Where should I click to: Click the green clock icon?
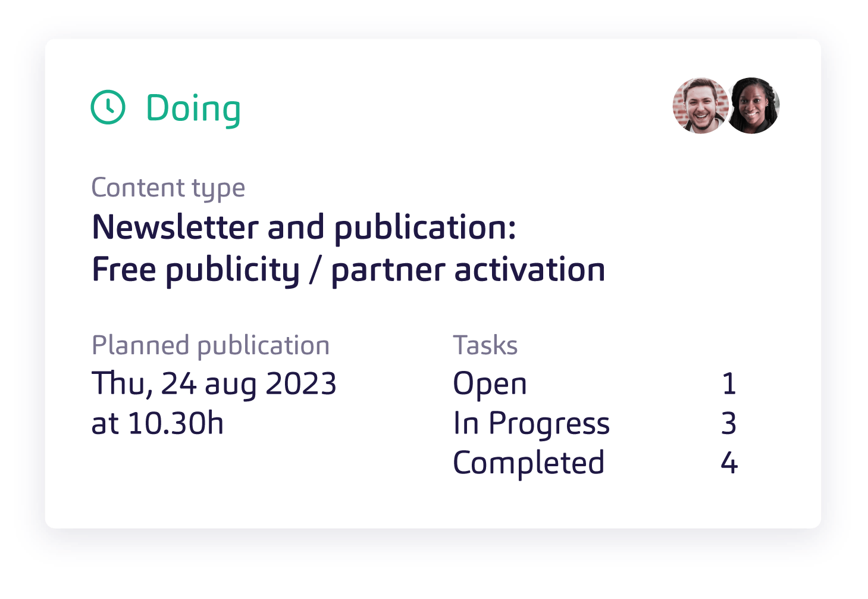[x=108, y=107]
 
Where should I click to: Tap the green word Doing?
[x=193, y=110]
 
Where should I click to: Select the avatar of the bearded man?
[x=701, y=105]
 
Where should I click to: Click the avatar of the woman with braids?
[x=753, y=105]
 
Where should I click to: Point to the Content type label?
[x=168, y=188]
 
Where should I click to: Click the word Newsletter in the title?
[x=176, y=227]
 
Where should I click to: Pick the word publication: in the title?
[x=425, y=229]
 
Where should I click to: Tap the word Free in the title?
[x=124, y=270]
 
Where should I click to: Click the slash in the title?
[x=315, y=270]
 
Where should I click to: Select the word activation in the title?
[x=529, y=270]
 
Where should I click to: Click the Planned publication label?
[x=211, y=346]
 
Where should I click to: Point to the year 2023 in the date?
[x=301, y=383]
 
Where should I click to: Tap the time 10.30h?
[x=176, y=423]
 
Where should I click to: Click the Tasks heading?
[x=485, y=345]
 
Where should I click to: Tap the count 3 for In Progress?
[x=729, y=423]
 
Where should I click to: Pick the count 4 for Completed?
[x=729, y=463]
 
